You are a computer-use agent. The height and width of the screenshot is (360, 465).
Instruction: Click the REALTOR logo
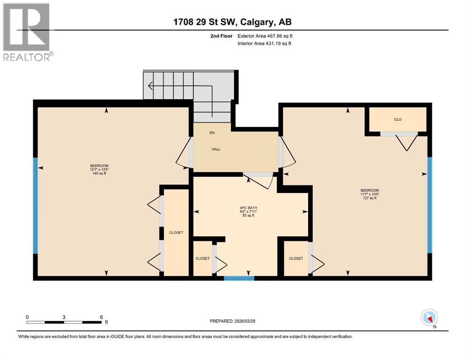tap(27, 32)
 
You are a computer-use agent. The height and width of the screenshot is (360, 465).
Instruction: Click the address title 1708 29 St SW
tap(232, 22)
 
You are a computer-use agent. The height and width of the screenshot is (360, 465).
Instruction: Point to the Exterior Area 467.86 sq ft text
tap(265, 36)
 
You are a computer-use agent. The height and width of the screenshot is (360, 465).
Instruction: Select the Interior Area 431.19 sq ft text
tap(265, 44)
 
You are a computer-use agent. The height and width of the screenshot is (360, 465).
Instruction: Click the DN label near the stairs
tap(212, 133)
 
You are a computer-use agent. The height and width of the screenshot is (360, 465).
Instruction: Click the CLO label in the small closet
tap(398, 120)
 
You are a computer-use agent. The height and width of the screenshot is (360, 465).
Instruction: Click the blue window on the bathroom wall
tap(239, 278)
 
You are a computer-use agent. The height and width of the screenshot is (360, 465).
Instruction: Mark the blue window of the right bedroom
tap(429, 205)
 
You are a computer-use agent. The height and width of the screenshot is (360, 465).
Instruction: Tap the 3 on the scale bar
tap(64, 317)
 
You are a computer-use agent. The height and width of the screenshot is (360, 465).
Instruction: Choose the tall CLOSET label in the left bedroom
tap(176, 232)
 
